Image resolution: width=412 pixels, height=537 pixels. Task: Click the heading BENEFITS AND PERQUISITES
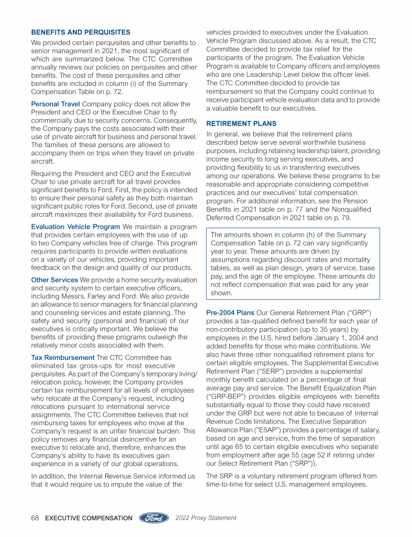[80, 32]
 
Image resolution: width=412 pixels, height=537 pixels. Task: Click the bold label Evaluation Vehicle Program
[75, 227]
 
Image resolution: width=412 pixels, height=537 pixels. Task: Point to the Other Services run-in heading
[54, 280]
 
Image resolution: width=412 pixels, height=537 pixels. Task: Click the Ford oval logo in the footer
[154, 518]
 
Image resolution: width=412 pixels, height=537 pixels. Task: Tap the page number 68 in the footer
[35, 518]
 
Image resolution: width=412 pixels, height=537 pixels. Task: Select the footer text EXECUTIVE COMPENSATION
[89, 518]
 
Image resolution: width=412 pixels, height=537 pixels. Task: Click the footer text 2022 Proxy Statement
[206, 518]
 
